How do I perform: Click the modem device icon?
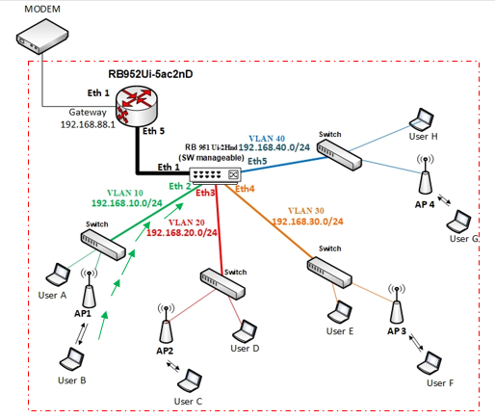point(42,36)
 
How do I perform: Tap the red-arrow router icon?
point(137,106)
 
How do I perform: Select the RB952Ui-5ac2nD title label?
point(150,74)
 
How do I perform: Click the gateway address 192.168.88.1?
point(88,124)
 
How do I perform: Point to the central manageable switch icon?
point(215,176)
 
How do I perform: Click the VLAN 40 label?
point(267,139)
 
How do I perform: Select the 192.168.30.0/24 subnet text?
point(307,222)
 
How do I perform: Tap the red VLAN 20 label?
point(187,223)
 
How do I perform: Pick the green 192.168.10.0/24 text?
point(127,203)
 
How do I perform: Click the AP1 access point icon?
point(89,289)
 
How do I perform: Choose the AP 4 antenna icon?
point(426,175)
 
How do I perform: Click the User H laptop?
point(422,119)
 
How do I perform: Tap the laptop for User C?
point(190,381)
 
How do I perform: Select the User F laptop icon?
point(430,364)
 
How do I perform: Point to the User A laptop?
point(58,275)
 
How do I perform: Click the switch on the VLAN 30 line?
point(329,273)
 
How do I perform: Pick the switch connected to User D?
point(222,284)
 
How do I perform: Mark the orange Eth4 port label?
point(245,189)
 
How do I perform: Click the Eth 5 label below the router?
point(153,131)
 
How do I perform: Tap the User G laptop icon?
point(458,222)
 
